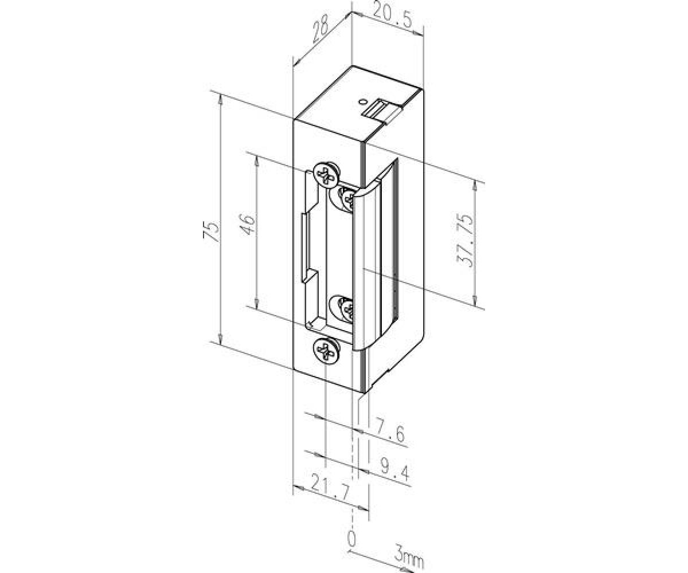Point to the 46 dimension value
point(249,224)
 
